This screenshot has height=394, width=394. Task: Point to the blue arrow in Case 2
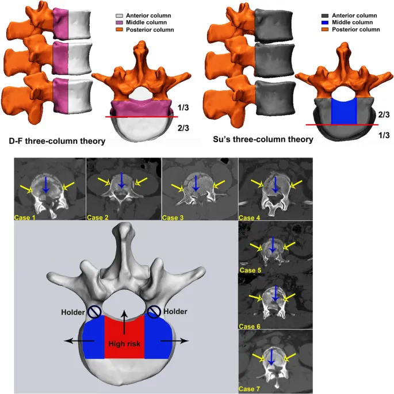[121, 180]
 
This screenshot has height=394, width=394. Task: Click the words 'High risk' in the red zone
[124, 344]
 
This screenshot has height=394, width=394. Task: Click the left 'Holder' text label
[72, 312]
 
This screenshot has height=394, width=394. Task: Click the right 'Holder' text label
[175, 312]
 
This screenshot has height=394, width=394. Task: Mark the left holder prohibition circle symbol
[94, 312]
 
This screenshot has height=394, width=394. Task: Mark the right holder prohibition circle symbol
[154, 312]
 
